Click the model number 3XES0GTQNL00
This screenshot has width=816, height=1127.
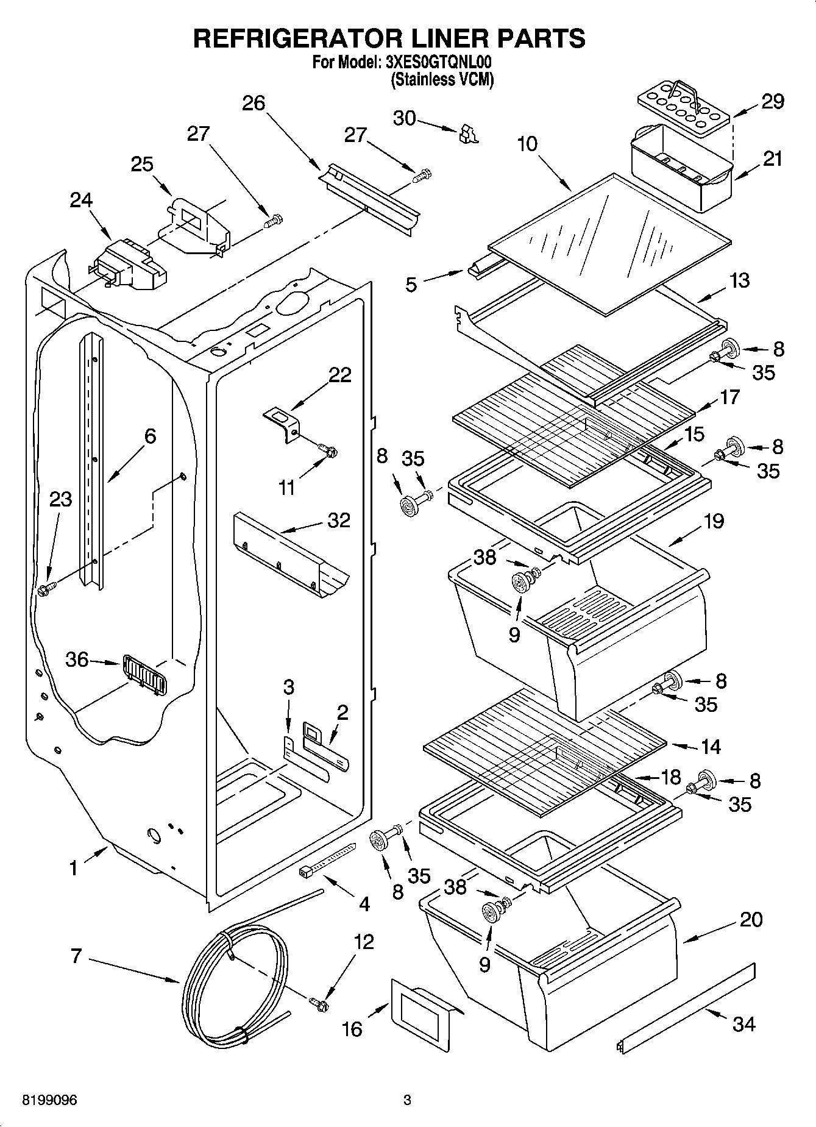(438, 63)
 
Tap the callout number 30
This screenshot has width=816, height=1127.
(404, 118)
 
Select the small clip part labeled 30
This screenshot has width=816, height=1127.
(468, 134)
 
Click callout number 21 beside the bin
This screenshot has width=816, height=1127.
(772, 159)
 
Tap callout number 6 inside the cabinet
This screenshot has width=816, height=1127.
(149, 436)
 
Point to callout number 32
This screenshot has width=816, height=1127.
(339, 520)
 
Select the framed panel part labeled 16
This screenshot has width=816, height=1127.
(423, 1015)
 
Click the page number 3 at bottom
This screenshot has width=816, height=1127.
(407, 1100)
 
